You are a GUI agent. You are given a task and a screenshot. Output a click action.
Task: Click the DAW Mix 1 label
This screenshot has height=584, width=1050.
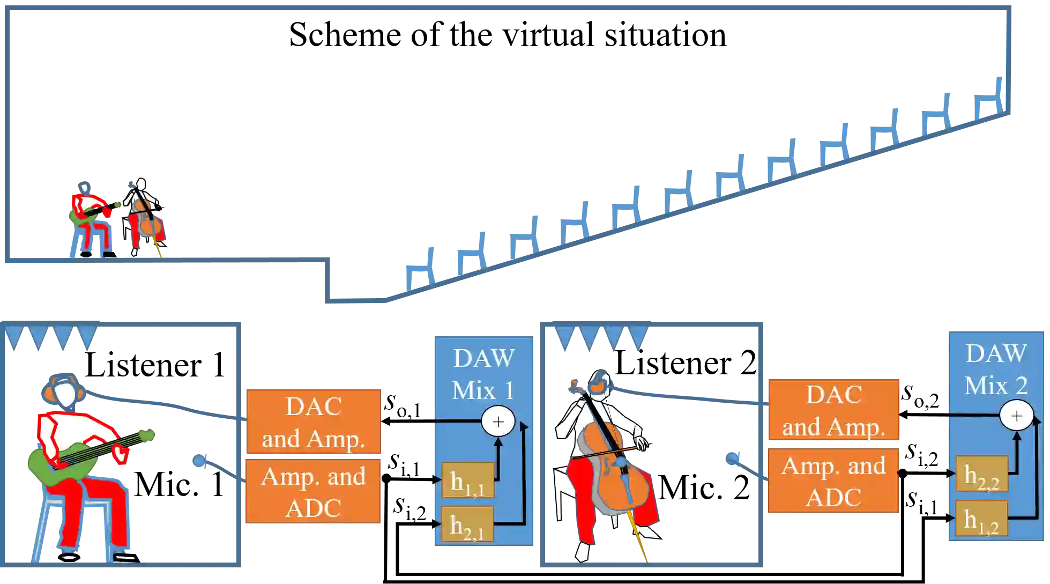point(483,374)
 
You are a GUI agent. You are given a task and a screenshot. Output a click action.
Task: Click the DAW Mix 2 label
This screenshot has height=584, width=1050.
point(996,369)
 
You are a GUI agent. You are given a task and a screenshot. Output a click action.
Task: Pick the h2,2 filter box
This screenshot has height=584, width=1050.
point(981,474)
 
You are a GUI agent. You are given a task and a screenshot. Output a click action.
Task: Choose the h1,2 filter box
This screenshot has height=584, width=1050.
point(981,519)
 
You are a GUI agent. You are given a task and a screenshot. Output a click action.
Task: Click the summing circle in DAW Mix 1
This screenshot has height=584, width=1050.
point(498,422)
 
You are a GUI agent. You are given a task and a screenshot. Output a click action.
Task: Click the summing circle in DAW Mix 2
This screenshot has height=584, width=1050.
point(1016,416)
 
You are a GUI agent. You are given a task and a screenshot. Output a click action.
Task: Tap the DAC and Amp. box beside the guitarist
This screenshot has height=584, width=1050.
point(314,422)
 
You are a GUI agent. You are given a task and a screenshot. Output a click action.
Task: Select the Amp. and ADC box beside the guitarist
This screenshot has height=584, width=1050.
point(314,491)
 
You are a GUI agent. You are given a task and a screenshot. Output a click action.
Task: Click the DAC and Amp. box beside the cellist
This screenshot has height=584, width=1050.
point(833,410)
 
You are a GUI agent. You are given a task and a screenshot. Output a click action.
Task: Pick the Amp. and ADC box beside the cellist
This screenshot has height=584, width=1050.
point(833,481)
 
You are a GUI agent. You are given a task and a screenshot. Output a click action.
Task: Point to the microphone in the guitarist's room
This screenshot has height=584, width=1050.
point(199,460)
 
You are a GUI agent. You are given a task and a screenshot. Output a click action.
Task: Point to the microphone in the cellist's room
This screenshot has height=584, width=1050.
point(732,459)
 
